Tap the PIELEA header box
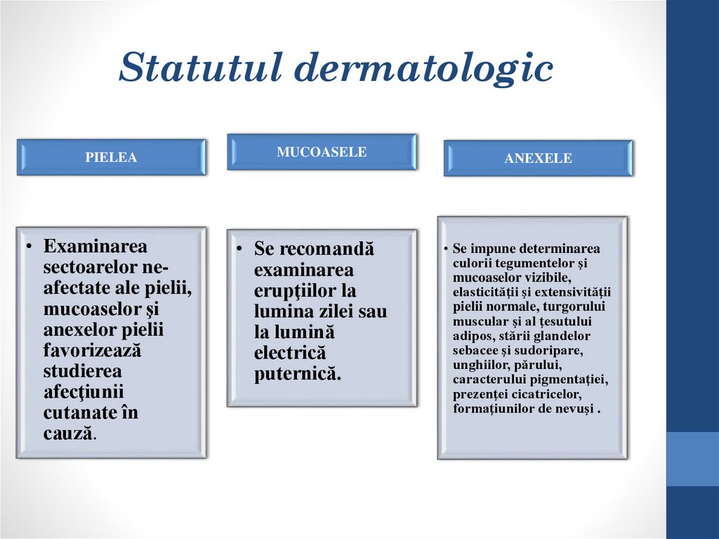click(x=111, y=157)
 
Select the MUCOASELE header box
click(x=322, y=152)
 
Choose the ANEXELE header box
click(x=538, y=159)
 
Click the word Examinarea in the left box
click(x=95, y=247)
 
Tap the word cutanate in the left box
click(x=79, y=413)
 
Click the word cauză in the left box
click(x=68, y=433)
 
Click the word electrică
click(x=290, y=353)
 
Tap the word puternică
click(x=298, y=374)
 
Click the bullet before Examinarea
click(x=31, y=247)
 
